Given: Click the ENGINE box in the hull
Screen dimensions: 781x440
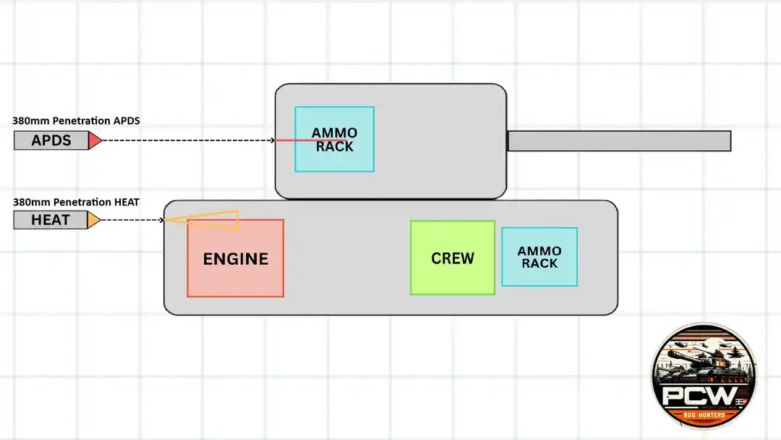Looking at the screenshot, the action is click(x=236, y=258).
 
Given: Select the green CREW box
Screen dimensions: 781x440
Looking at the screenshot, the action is click(x=453, y=258).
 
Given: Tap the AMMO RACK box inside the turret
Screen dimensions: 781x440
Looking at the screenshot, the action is click(x=334, y=139).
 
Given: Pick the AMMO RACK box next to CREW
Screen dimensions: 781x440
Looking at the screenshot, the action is click(x=539, y=257).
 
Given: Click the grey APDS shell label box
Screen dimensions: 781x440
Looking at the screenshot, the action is click(x=51, y=140).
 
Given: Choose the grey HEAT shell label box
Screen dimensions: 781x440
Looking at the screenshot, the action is click(x=51, y=220).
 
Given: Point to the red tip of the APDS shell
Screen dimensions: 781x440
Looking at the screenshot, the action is click(x=95, y=140).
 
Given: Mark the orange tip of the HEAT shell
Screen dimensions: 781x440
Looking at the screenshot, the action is click(x=93, y=220).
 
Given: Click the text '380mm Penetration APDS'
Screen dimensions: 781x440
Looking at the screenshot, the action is click(x=76, y=121).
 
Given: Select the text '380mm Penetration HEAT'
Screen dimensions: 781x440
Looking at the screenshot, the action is click(x=76, y=202).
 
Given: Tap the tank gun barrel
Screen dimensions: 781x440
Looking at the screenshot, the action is click(x=619, y=141).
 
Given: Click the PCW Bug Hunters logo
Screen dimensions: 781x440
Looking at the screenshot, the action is click(x=704, y=376).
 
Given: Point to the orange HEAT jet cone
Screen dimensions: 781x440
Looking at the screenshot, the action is click(x=202, y=220).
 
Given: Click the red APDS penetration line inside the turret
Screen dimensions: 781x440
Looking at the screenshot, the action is click(x=310, y=140).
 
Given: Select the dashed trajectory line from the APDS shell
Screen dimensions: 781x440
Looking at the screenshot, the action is click(x=188, y=140).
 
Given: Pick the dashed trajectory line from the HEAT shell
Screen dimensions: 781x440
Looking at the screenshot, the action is click(x=132, y=220).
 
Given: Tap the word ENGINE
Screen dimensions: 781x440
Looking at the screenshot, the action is click(x=236, y=258).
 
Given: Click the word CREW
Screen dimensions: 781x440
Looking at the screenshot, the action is click(x=453, y=258).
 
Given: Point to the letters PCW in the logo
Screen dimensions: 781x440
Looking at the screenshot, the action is click(x=699, y=396).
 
